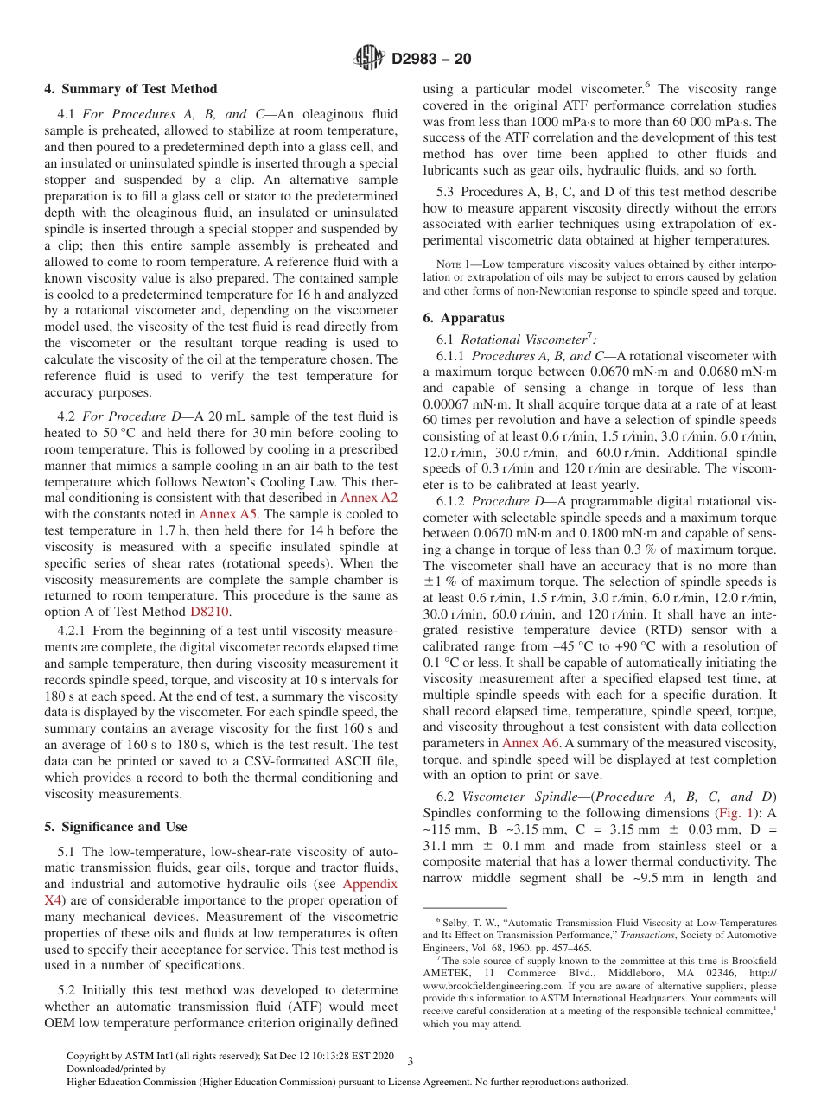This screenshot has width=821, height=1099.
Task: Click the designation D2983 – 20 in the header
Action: click(x=431, y=60)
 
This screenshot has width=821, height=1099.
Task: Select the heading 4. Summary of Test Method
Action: click(x=130, y=89)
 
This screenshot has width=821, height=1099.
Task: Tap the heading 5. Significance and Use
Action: click(x=115, y=827)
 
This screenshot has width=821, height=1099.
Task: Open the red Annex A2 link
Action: click(x=369, y=498)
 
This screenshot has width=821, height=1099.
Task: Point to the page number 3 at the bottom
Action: click(x=410, y=1060)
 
